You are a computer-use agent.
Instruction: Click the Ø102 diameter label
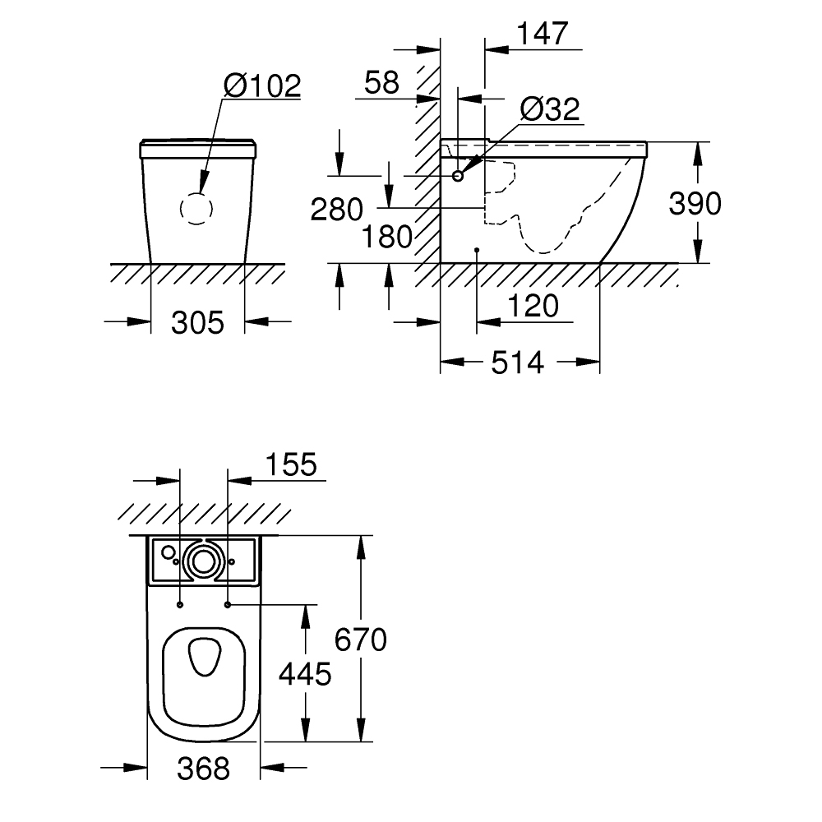262,85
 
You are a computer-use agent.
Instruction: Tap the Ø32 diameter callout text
550,109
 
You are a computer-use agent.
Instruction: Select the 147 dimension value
543,34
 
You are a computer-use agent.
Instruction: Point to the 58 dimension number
381,82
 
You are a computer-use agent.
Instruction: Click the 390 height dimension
695,203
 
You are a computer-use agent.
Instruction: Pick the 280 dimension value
336,209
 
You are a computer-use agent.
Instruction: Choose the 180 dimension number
387,237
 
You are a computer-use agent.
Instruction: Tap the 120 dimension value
533,306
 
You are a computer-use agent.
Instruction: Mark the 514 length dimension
517,363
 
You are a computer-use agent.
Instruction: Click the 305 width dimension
197,322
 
